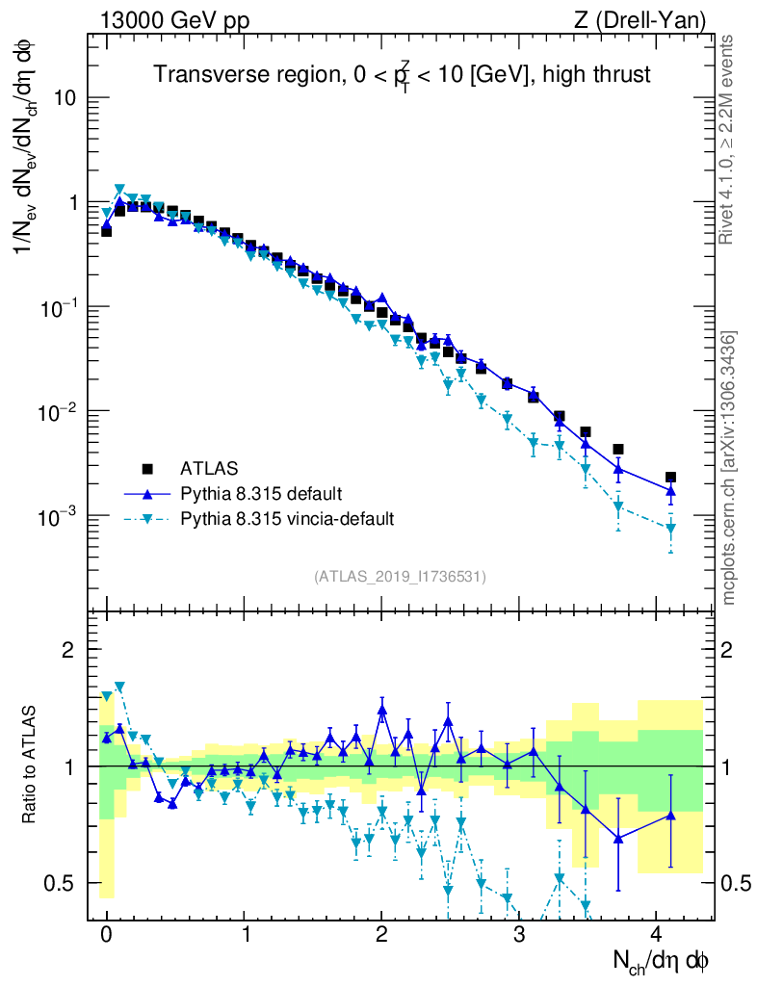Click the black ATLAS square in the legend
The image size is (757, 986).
(x=147, y=469)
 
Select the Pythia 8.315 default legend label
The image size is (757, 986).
(x=260, y=494)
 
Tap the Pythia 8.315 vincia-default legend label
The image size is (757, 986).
(x=287, y=519)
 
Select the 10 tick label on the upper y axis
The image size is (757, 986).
(x=64, y=98)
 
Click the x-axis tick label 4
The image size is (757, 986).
(x=656, y=935)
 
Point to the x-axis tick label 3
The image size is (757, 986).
(x=519, y=935)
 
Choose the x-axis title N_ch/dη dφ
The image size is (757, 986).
(x=662, y=961)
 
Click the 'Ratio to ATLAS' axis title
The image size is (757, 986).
(x=31, y=766)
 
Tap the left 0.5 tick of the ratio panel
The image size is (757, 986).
(x=61, y=882)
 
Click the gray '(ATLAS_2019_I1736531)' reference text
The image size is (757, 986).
(x=400, y=577)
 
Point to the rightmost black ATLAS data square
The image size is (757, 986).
(x=670, y=477)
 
